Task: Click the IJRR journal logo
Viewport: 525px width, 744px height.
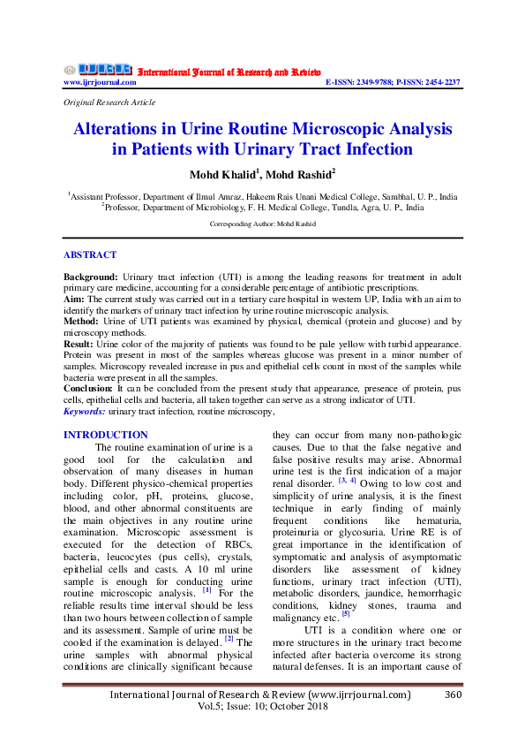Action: [97, 69]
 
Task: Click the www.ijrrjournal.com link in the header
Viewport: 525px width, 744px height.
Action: [100, 82]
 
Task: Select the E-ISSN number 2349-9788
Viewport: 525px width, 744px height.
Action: [375, 82]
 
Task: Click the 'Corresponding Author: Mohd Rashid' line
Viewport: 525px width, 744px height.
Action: [262, 224]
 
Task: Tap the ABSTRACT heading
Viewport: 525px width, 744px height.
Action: [89, 254]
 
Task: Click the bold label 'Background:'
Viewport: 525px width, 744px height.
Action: [91, 277]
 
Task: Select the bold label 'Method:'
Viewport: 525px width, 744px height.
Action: [81, 323]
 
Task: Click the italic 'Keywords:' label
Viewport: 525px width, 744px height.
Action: [85, 411]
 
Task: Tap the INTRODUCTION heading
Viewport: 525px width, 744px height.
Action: [106, 435]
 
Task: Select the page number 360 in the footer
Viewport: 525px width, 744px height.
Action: [453, 695]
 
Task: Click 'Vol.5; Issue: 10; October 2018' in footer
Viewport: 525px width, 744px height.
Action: [262, 709]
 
